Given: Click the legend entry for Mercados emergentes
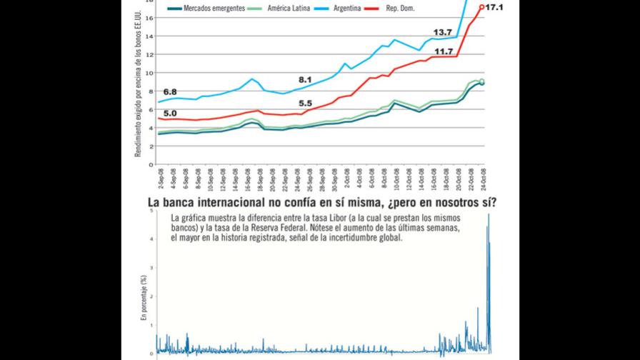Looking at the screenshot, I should [215, 9].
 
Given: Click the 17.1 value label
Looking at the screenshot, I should [494, 7].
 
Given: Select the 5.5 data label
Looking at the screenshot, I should [306, 104].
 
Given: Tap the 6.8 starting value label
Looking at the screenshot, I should [170, 92].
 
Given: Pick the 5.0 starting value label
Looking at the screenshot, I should [170, 113].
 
